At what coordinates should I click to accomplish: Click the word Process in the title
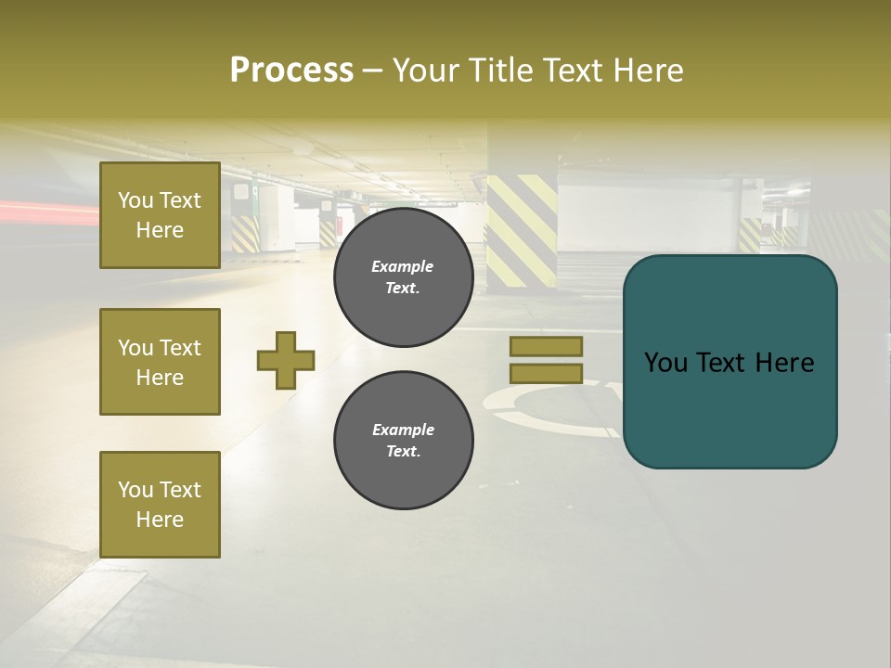[x=291, y=71]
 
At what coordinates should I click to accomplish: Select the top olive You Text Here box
[x=160, y=215]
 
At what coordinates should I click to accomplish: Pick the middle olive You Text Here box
[x=160, y=362]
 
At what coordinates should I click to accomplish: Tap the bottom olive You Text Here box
[x=160, y=505]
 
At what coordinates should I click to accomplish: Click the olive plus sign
[x=286, y=360]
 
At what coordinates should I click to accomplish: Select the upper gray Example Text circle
[x=403, y=277]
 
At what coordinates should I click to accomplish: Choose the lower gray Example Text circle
[x=403, y=441]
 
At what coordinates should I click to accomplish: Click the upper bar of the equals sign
[x=546, y=346]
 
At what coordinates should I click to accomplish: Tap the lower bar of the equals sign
[x=546, y=373]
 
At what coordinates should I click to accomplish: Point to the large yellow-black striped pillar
[x=522, y=228]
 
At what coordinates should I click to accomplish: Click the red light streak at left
[x=46, y=212]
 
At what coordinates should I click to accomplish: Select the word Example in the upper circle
[x=403, y=266]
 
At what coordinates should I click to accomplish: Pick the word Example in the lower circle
[x=403, y=430]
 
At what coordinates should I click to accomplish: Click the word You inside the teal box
[x=665, y=363]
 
